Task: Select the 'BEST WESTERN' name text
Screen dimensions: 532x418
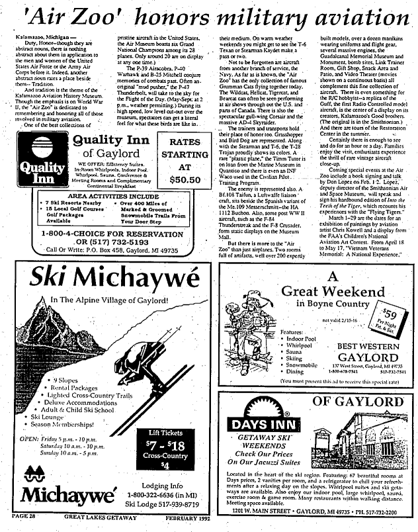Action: pos(367,345)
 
